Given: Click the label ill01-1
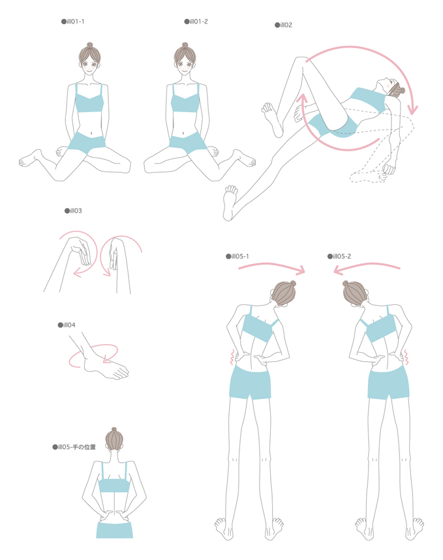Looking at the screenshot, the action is click(x=73, y=22).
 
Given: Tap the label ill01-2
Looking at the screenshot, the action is click(x=196, y=22).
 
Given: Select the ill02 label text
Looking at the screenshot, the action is click(x=284, y=25).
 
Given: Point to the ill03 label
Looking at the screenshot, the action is click(x=73, y=211).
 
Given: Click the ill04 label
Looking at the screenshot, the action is click(x=67, y=325).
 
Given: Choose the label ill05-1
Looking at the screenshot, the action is click(x=237, y=256).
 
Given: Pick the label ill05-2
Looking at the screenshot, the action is click(x=339, y=256).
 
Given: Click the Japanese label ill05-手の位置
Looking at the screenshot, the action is click(x=74, y=447).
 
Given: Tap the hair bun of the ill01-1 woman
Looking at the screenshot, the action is click(x=89, y=45).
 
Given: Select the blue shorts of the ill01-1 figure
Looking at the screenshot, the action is click(x=86, y=143).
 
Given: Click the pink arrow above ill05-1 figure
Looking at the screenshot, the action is click(x=271, y=267).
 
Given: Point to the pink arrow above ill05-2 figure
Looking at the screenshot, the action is click(x=367, y=267).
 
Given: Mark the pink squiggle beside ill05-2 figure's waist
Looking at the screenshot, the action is click(x=406, y=357).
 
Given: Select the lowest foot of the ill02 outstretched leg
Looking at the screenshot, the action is click(x=230, y=203).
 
